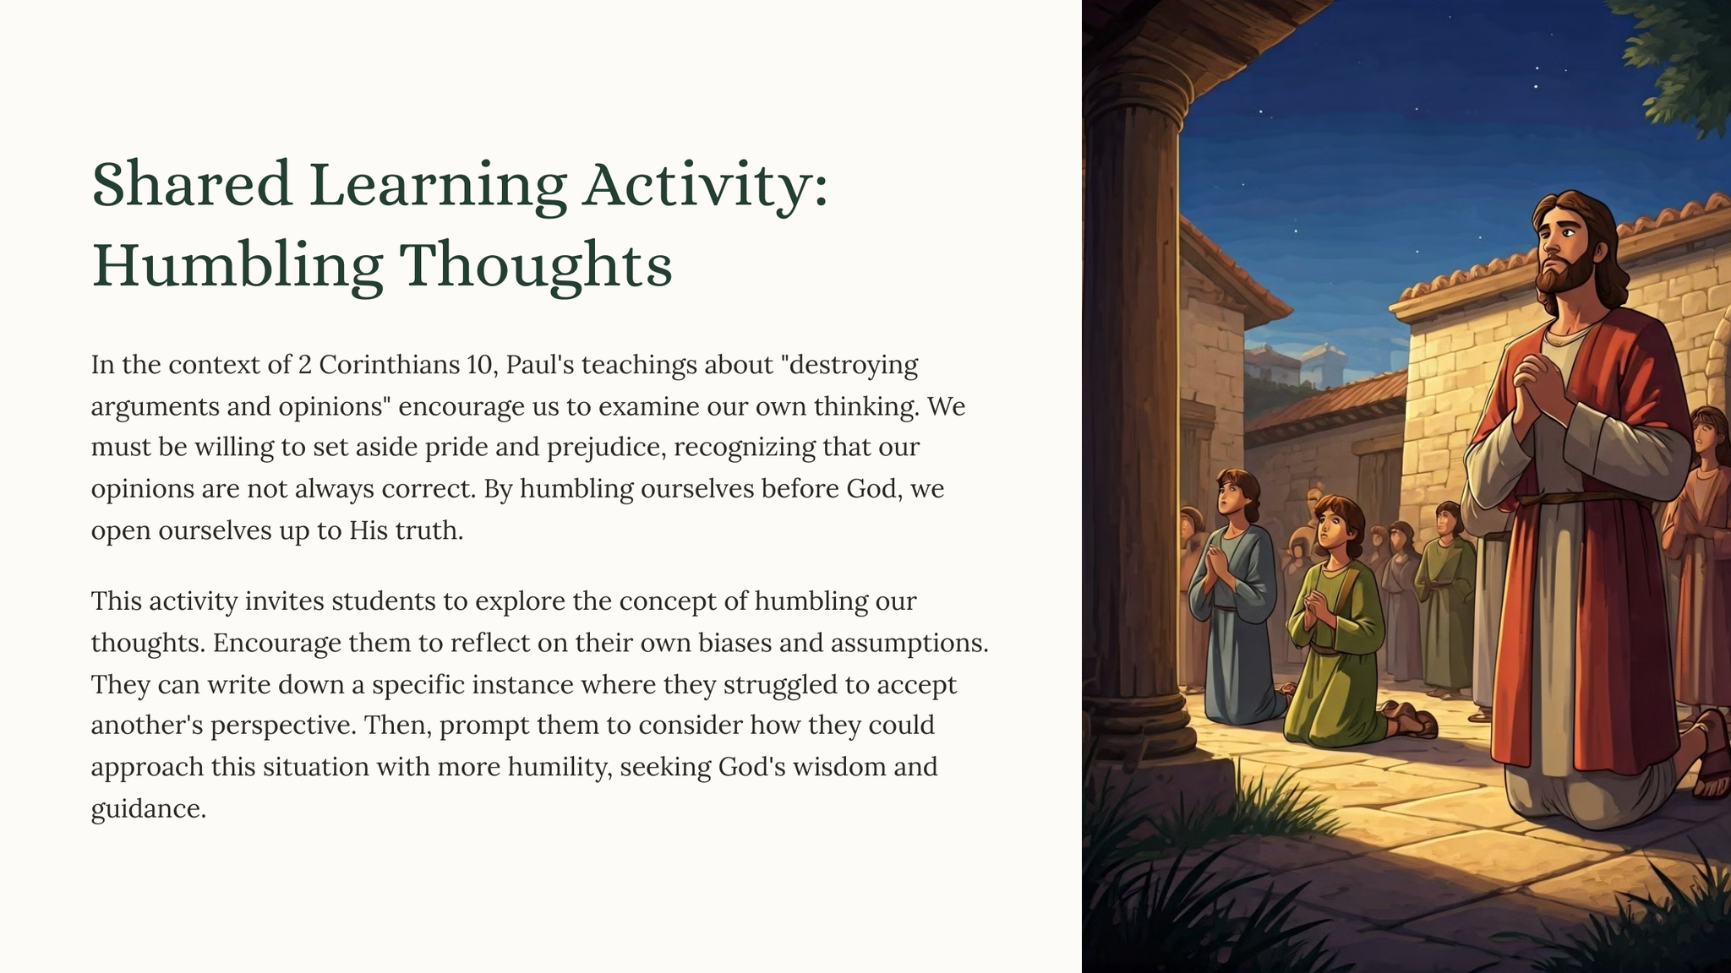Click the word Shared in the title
(192, 184)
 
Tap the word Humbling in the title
(237, 265)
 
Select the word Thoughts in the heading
(535, 265)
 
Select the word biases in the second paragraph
(734, 643)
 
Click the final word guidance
(148, 809)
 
